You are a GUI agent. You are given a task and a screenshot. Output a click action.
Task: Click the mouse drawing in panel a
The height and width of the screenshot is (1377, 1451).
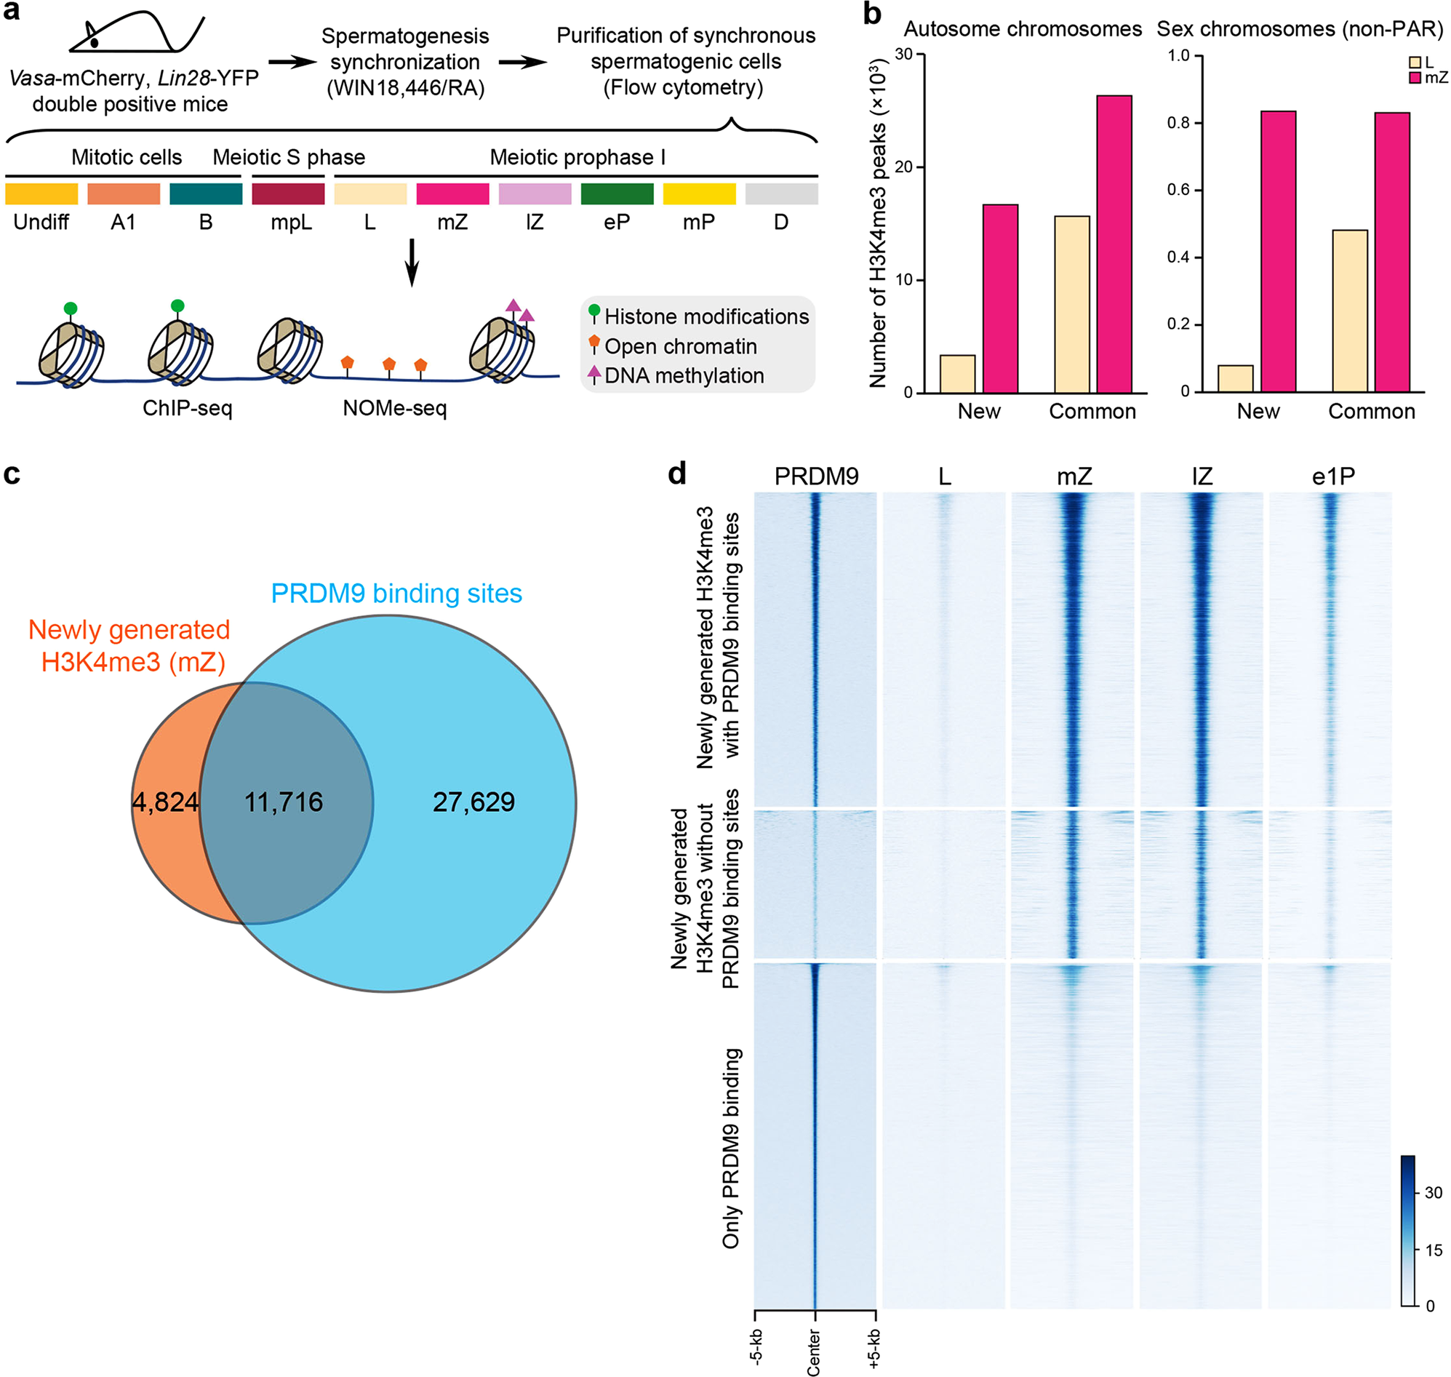pos(136,33)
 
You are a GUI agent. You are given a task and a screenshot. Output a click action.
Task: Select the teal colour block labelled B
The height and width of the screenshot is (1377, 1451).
pos(206,193)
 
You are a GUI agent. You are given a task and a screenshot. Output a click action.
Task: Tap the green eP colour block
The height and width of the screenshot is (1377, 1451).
pos(617,193)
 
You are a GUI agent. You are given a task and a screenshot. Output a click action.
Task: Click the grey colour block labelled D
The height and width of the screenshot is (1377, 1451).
pos(781,193)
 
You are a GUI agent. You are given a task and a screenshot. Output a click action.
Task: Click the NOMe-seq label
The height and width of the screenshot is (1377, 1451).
pos(394,408)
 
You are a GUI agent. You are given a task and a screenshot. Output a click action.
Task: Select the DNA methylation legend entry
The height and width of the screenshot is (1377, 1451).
pos(682,376)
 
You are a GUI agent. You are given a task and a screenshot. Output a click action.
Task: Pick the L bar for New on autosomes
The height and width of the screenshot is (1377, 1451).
pos(957,374)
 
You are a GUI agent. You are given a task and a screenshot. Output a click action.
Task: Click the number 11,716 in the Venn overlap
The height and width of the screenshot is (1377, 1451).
pos(284,802)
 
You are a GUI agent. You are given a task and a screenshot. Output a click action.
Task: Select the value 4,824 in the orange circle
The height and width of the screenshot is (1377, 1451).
pos(165,802)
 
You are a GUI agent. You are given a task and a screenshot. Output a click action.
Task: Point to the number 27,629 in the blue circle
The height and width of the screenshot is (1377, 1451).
pos(473,802)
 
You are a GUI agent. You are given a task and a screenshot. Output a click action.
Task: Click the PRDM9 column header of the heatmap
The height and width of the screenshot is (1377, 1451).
pos(815,476)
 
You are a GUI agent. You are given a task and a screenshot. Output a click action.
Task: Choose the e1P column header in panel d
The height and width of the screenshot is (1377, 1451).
pos(1332,476)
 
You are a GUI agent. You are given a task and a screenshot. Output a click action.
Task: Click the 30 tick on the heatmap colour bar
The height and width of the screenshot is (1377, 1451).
pos(1433,1193)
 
